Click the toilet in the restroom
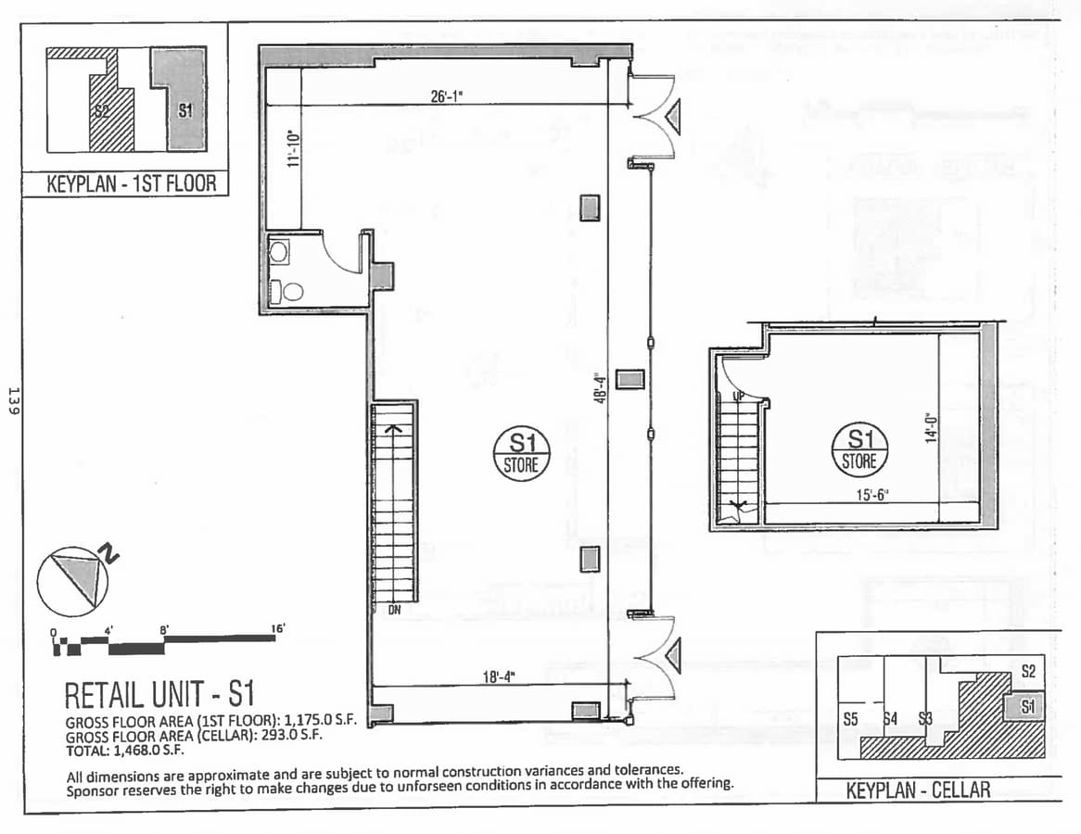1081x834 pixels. [289, 292]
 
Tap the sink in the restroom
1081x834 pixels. [279, 249]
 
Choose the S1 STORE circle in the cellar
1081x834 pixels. [859, 449]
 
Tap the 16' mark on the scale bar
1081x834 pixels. [278, 628]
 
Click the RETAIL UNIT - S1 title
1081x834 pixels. [159, 695]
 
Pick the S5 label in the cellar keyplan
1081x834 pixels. [851, 718]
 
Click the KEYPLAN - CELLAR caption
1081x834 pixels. [918, 790]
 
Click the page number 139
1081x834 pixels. [13, 399]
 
